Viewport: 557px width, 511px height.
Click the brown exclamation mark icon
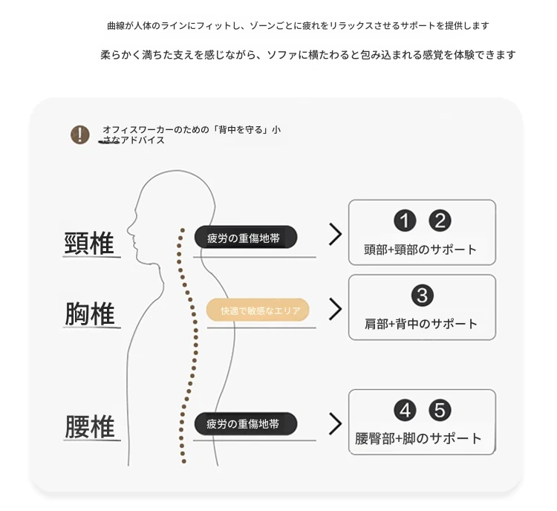tap(80, 134)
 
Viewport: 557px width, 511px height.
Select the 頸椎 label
tap(89, 243)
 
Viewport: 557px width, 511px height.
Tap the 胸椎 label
tap(90, 313)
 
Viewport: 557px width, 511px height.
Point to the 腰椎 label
tap(90, 426)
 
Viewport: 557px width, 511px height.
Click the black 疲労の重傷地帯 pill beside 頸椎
tap(246, 237)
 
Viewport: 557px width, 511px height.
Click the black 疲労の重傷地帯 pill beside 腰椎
tap(246, 423)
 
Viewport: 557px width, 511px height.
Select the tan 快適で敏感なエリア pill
tap(258, 310)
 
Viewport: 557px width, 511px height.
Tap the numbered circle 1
tap(405, 221)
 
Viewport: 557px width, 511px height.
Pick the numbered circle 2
tap(440, 221)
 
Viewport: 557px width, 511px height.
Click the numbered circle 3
tap(423, 295)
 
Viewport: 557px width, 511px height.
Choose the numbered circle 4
tap(405, 411)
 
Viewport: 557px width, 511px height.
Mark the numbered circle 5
tap(440, 411)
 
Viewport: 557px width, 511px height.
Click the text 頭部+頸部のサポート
tap(420, 250)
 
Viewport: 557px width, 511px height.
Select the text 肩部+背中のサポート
tap(421, 324)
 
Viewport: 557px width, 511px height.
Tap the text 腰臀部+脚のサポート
tap(418, 438)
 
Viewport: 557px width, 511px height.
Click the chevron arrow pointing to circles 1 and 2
tap(336, 234)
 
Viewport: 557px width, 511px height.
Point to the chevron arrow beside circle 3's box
tap(336, 309)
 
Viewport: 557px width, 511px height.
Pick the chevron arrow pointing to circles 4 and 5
tap(336, 423)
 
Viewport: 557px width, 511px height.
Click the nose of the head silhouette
tap(129, 227)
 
